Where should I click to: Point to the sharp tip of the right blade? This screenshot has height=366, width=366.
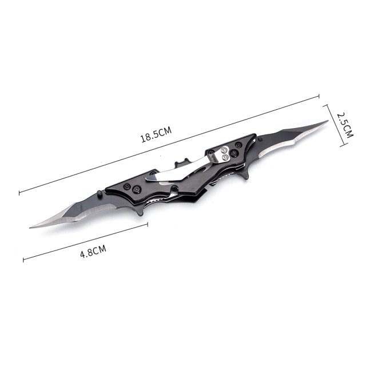[328, 121]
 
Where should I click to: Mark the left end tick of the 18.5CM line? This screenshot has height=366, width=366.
[19, 193]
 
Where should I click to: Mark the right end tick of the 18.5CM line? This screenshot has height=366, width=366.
[319, 98]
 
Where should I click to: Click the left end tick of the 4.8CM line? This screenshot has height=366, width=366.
[23, 260]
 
